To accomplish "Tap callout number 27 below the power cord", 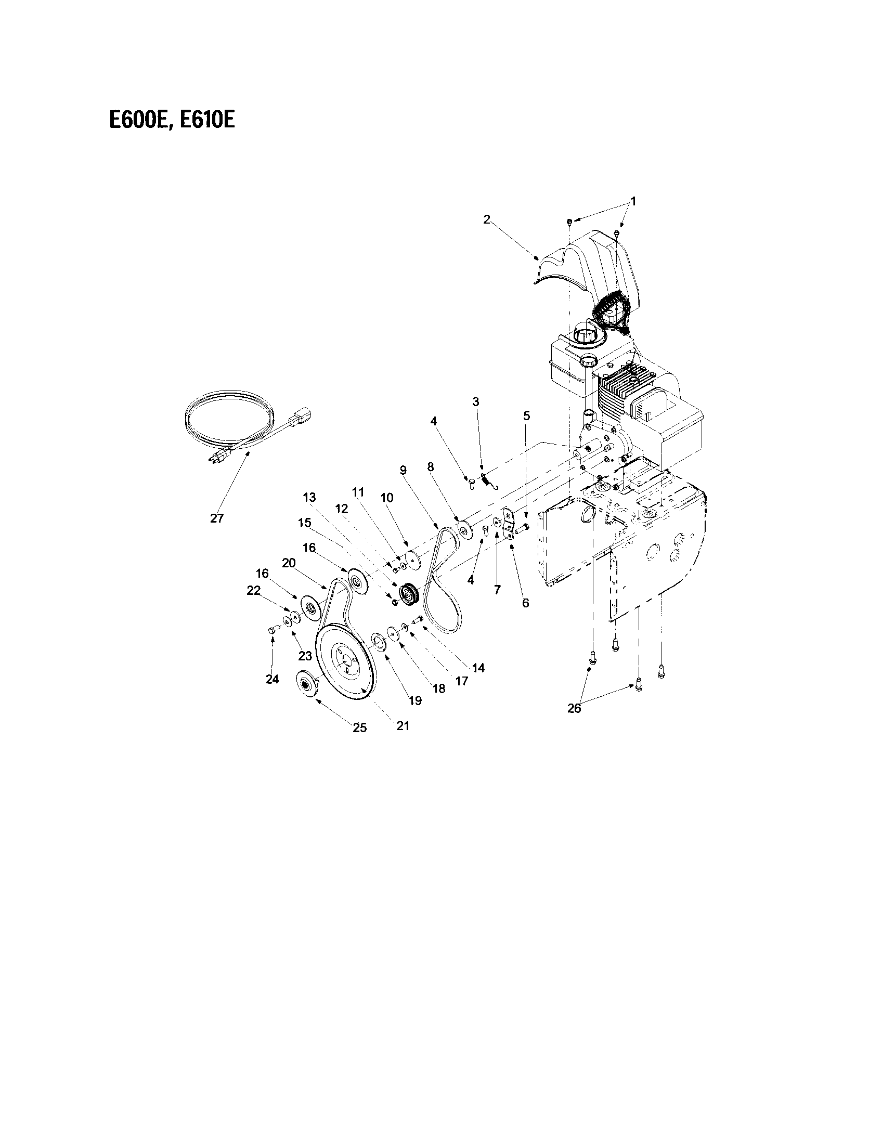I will click(217, 518).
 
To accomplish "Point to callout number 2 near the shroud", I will click(487, 219).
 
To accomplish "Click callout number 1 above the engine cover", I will click(633, 201).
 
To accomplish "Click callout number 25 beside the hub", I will click(360, 727).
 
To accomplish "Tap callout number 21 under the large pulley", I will click(403, 725).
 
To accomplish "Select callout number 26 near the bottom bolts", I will click(574, 708).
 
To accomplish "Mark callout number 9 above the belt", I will click(403, 470).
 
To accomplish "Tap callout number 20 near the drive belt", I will click(289, 563).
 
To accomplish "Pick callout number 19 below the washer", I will click(415, 700).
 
